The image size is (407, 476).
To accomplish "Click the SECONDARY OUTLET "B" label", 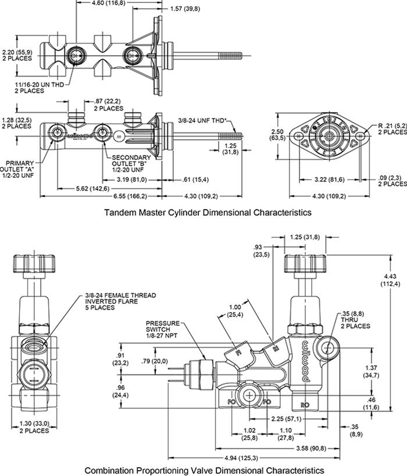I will pos(131,163).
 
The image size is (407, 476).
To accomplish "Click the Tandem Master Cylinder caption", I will pos(208,213).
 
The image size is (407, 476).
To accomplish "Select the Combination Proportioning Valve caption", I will pos(203,469).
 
